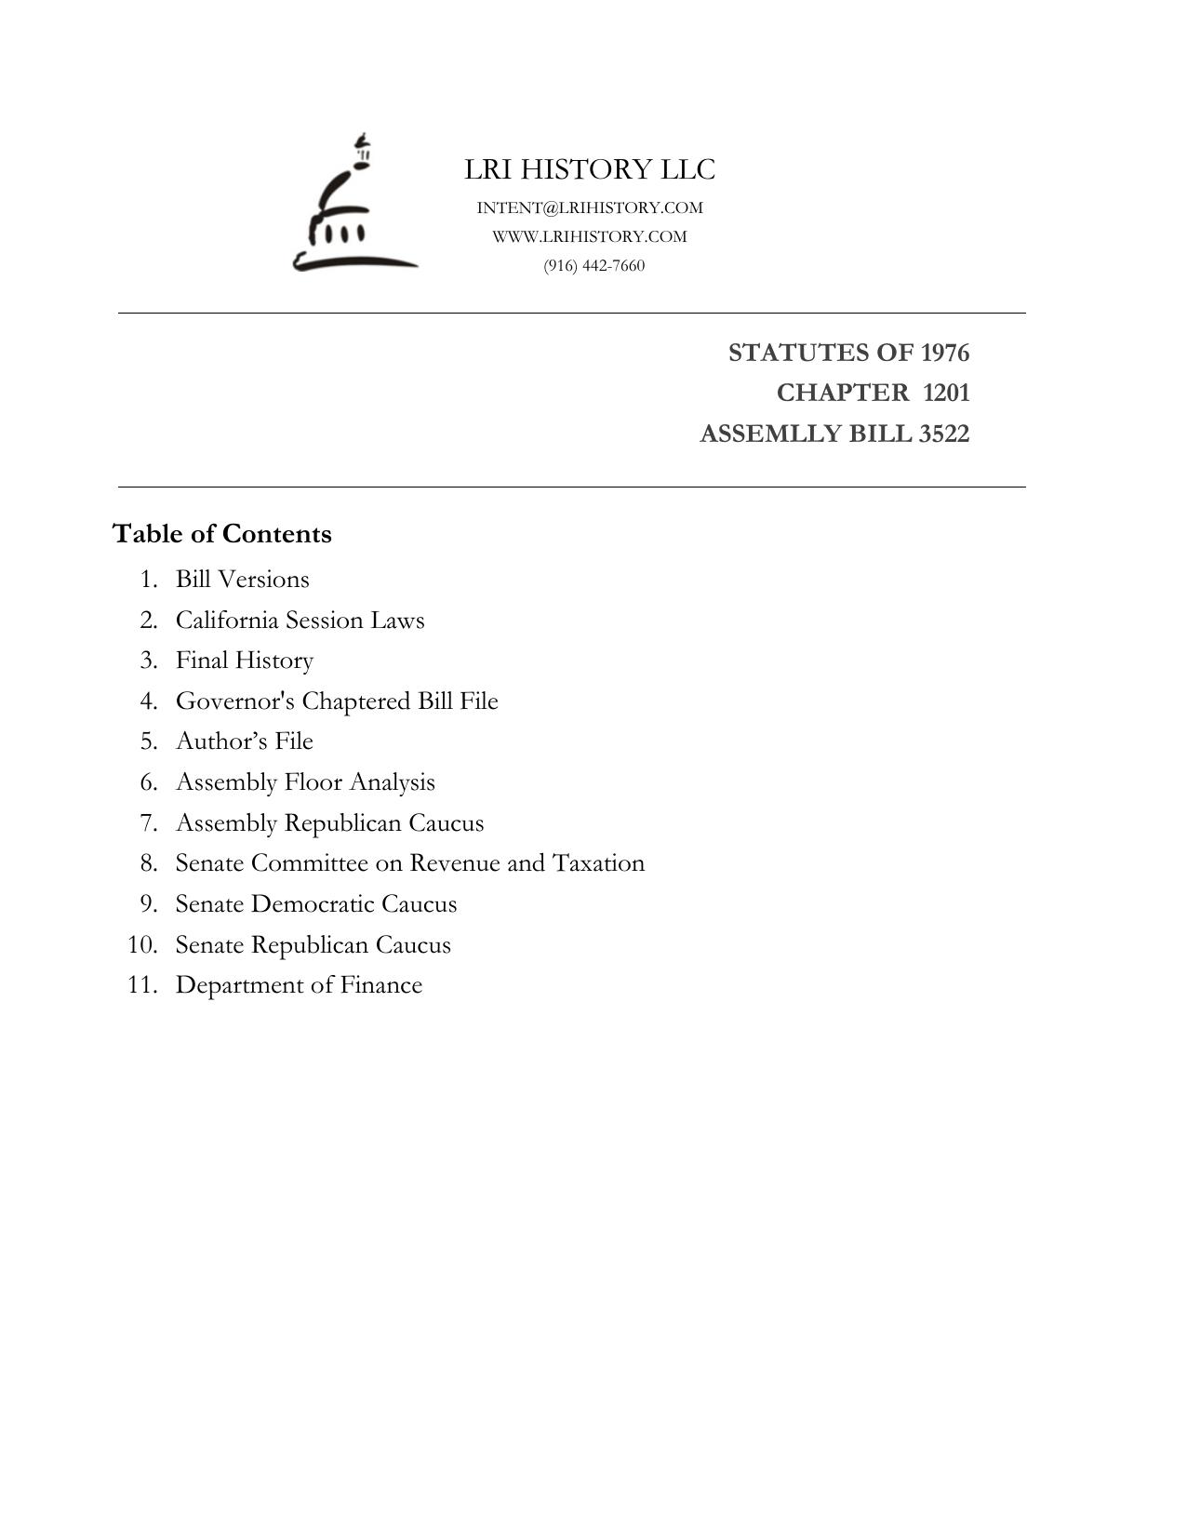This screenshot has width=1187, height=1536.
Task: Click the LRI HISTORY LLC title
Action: click(x=590, y=169)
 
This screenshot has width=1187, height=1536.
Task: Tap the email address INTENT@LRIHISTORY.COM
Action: click(x=590, y=207)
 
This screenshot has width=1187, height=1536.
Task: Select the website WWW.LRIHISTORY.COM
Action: click(x=590, y=236)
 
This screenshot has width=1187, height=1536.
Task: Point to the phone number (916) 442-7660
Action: click(x=593, y=265)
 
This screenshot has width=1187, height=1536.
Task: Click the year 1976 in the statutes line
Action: click(x=944, y=353)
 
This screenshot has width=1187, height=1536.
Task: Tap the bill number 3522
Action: click(x=943, y=434)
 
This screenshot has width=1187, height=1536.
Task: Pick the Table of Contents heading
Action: click(x=222, y=534)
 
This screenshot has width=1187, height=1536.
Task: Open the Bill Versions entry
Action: click(x=242, y=579)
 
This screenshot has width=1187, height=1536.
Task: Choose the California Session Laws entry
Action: click(x=300, y=620)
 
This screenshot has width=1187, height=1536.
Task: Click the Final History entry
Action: click(x=244, y=660)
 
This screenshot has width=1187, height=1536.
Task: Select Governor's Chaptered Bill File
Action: click(x=337, y=701)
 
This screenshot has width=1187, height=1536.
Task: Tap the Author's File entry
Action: click(x=244, y=741)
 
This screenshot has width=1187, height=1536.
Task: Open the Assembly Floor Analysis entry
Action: click(x=305, y=781)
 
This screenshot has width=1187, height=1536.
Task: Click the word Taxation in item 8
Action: click(x=598, y=862)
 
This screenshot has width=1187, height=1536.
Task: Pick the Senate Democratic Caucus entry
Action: click(x=316, y=903)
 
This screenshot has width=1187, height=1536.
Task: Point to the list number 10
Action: click(x=142, y=944)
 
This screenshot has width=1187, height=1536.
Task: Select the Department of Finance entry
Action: click(x=299, y=984)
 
